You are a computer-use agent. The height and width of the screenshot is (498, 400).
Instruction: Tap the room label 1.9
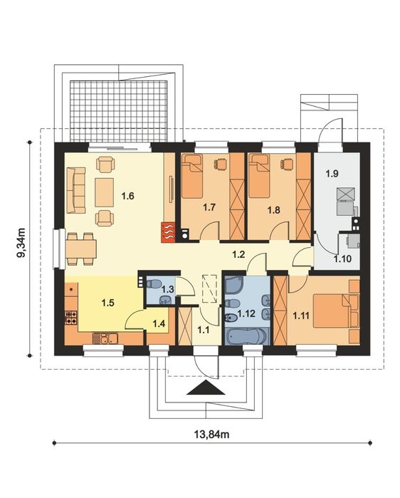[x=332, y=173]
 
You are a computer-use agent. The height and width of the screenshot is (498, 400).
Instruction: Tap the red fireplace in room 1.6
[x=168, y=230]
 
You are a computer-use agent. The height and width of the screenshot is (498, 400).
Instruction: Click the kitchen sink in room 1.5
[x=104, y=338]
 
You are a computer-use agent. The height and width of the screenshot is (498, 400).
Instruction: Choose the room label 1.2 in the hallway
[x=239, y=253]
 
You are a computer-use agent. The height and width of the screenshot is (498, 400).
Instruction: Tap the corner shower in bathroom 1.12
[x=234, y=287]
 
